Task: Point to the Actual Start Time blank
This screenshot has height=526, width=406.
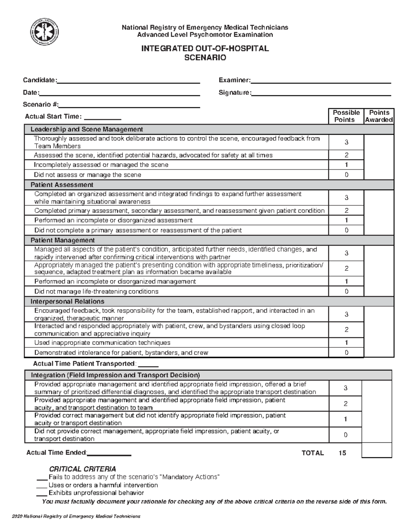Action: click(x=102, y=119)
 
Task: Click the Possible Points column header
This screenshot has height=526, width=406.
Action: click(x=346, y=116)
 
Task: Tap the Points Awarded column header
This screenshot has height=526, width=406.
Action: click(x=379, y=116)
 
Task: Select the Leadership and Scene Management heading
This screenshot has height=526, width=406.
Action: click(x=87, y=129)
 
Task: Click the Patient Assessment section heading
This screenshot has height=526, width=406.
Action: click(x=62, y=185)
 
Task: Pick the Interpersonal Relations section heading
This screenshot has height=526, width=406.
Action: click(x=67, y=301)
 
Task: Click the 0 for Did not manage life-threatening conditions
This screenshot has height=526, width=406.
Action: click(x=346, y=292)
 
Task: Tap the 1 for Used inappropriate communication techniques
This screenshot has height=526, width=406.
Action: click(x=346, y=343)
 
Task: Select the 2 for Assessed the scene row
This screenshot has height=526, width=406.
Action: click(x=346, y=155)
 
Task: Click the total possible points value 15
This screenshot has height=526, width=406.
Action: click(x=342, y=453)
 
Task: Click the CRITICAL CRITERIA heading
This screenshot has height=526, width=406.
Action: click(x=83, y=469)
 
